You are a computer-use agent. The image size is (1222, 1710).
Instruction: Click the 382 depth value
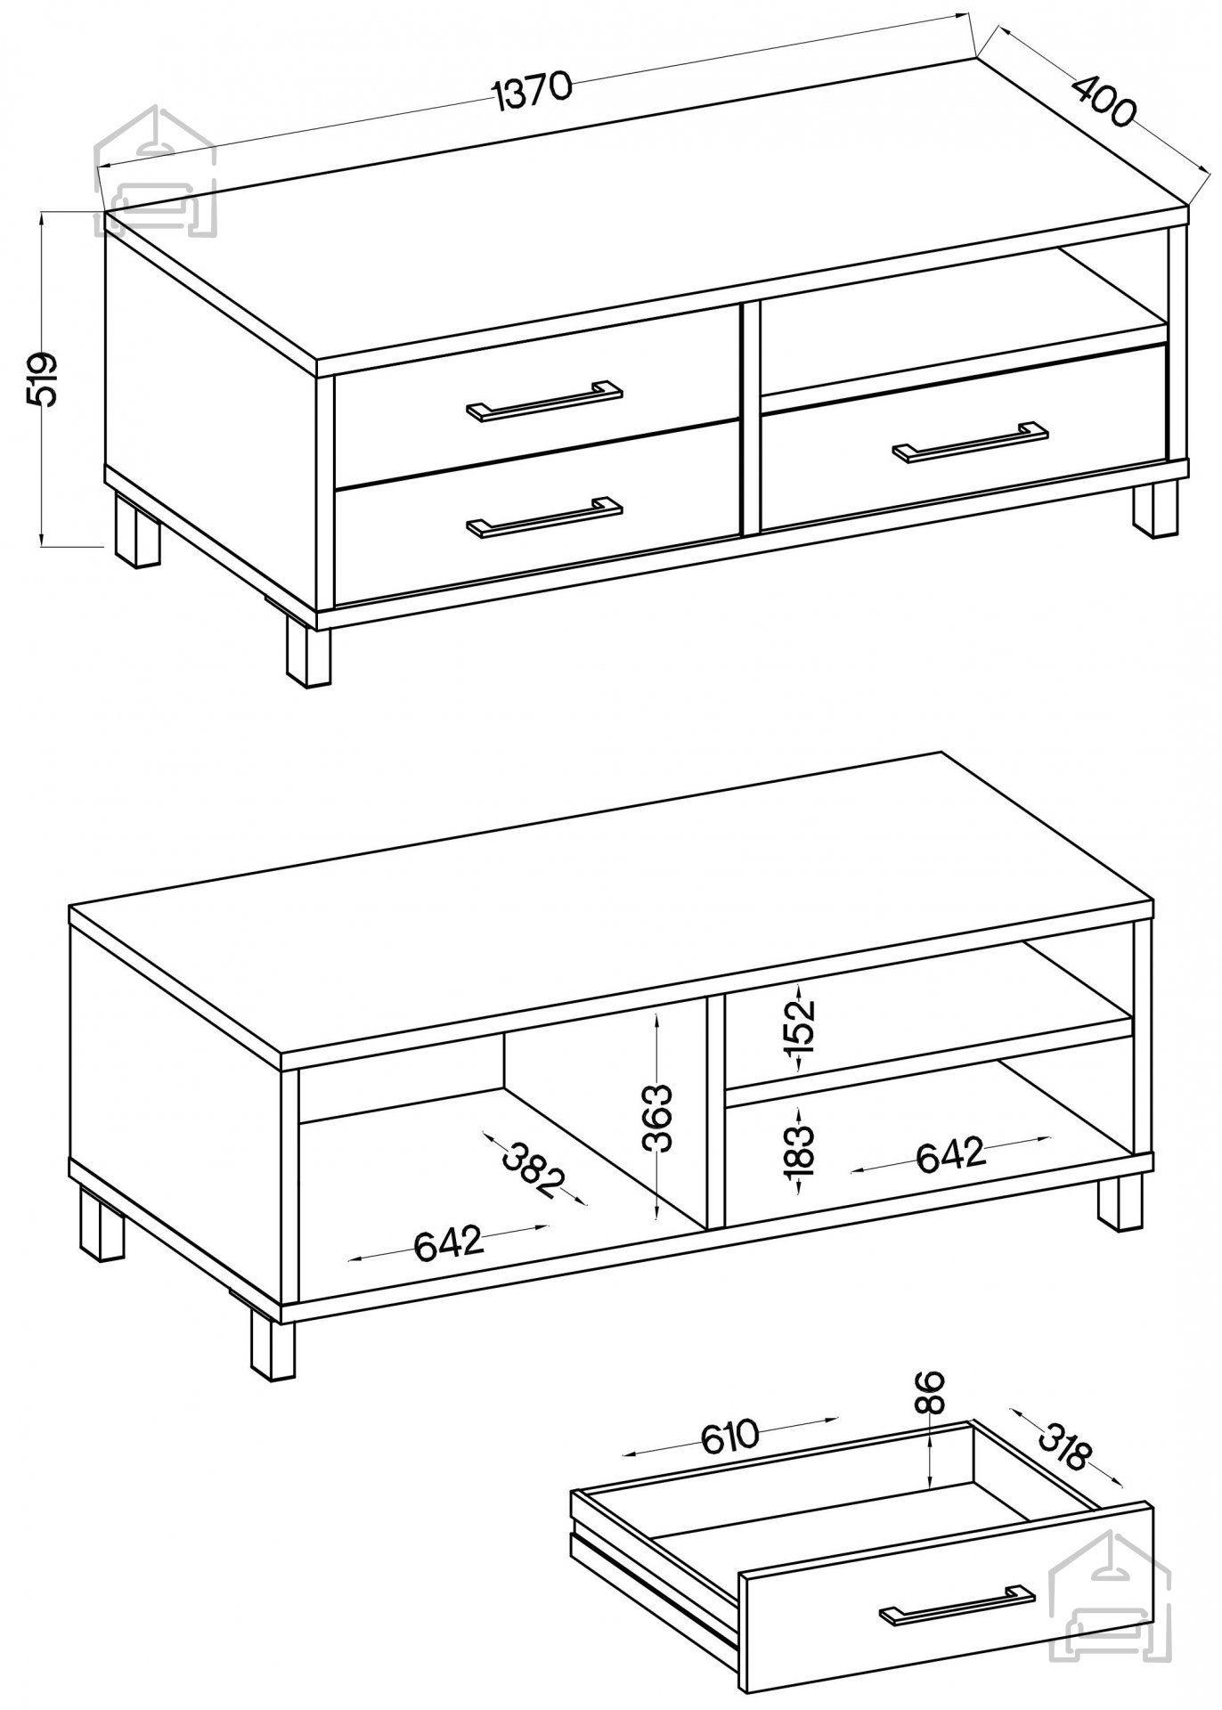[534, 1168]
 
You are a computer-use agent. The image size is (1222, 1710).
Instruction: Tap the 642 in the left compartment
[449, 1243]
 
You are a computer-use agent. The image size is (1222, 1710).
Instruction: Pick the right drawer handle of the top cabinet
[971, 442]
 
